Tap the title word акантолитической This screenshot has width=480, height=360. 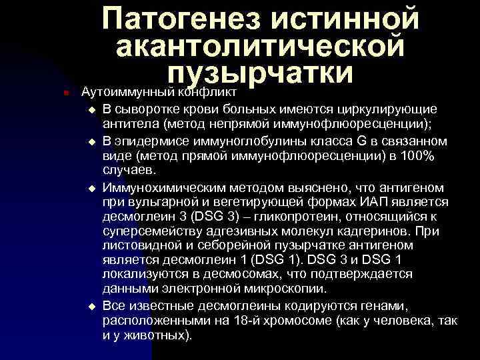coord(259,46)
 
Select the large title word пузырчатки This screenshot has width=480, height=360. coord(261,73)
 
